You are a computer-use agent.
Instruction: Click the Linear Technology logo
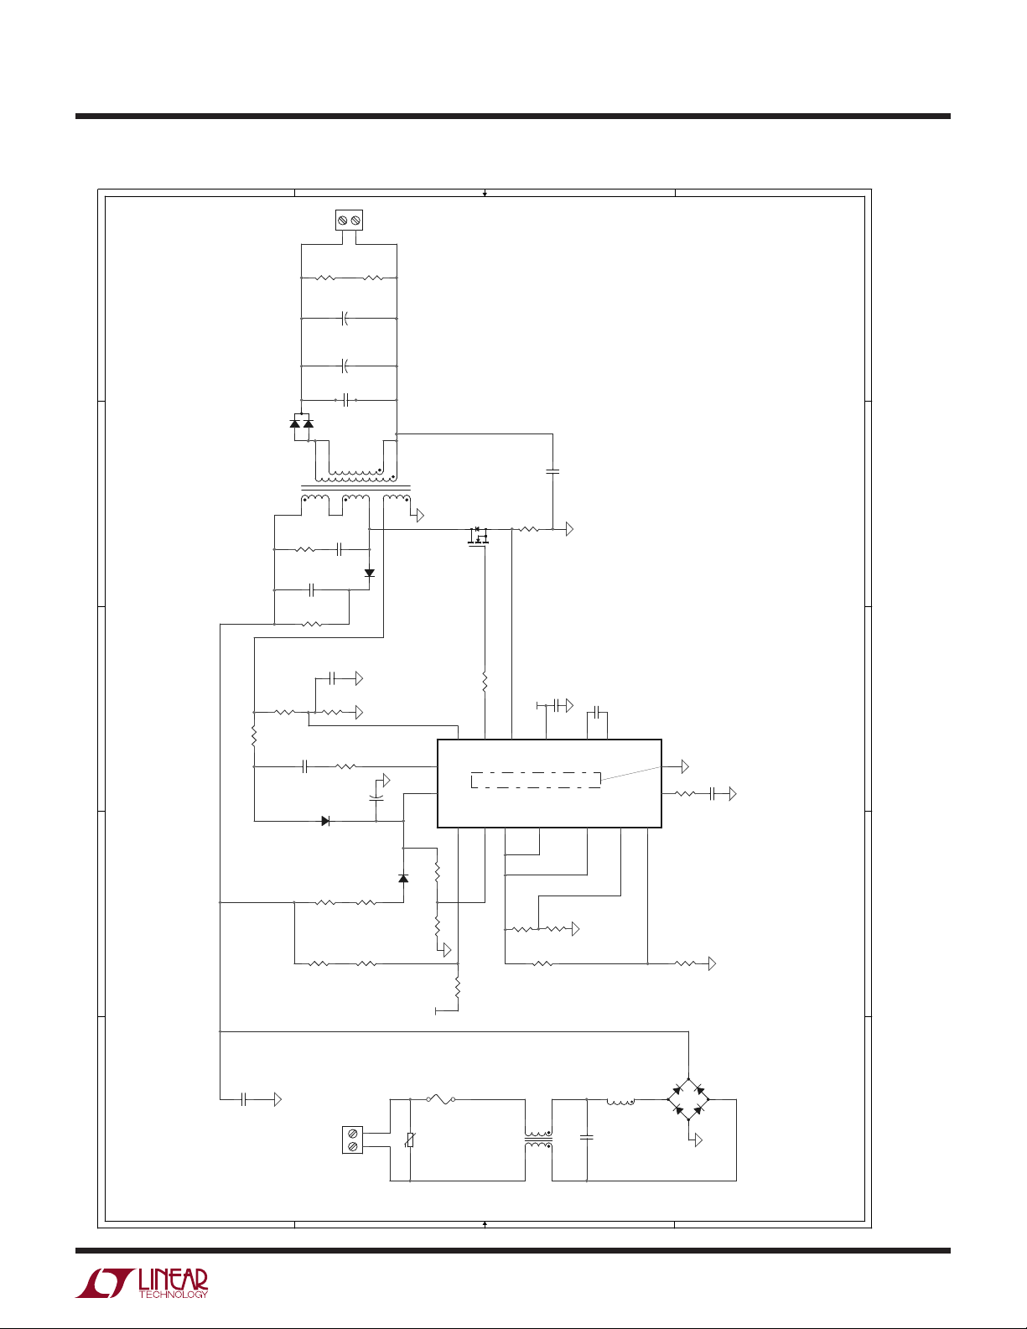pyautogui.click(x=141, y=1283)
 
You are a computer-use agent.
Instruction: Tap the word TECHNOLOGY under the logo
pyautogui.click(x=173, y=1295)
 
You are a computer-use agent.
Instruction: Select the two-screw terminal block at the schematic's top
pyautogui.click(x=349, y=221)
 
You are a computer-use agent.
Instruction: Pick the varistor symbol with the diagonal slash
pyautogui.click(x=410, y=1140)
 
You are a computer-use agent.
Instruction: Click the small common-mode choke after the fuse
pyautogui.click(x=538, y=1140)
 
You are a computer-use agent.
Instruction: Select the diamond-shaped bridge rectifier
pyautogui.click(x=688, y=1099)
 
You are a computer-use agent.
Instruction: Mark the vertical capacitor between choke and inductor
pyautogui.click(x=587, y=1139)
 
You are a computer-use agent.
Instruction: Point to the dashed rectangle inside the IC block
pyautogui.click(x=536, y=779)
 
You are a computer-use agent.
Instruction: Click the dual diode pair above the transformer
pyautogui.click(x=301, y=424)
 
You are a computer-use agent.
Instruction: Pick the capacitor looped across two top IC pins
pyautogui.click(x=595, y=713)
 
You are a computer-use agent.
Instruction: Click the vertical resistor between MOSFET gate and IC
pyautogui.click(x=485, y=679)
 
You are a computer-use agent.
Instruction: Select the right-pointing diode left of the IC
pyautogui.click(x=325, y=821)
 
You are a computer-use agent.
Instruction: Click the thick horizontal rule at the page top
pyautogui.click(x=513, y=117)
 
